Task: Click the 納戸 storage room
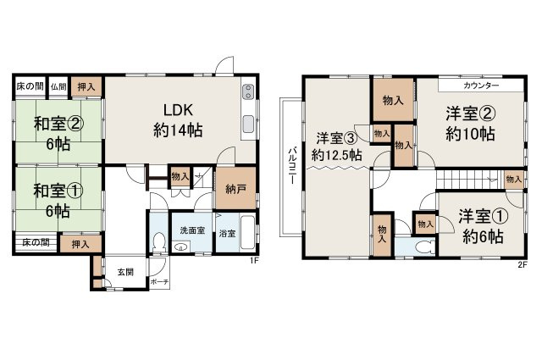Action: pyautogui.click(x=225, y=191)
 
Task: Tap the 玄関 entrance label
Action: pyautogui.click(x=125, y=272)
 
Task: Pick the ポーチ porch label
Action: pyautogui.click(x=159, y=281)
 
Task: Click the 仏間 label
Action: pyautogui.click(x=58, y=86)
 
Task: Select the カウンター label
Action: pyautogui.click(x=481, y=86)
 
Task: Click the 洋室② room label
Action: pyautogui.click(x=467, y=124)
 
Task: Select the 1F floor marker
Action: pyautogui.click(x=253, y=261)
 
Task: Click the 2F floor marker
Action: pyautogui.click(x=523, y=264)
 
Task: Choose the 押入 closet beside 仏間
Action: pyautogui.click(x=86, y=86)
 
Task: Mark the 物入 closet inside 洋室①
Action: pyautogui.click(x=424, y=224)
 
